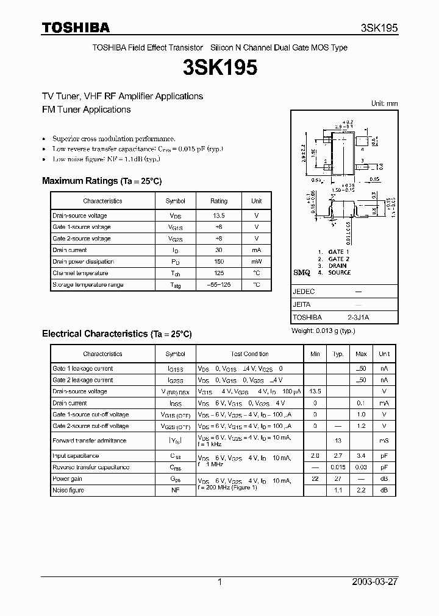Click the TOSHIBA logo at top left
[76, 27]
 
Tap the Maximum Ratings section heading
[102, 181]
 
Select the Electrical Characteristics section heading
[116, 334]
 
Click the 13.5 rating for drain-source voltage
[218, 215]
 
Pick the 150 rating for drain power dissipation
[218, 262]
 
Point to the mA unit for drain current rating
[256, 250]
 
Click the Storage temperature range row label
[88, 285]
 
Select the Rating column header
[218, 201]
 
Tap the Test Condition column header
[249, 354]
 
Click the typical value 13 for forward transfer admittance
[338, 441]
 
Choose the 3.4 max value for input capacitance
[361, 456]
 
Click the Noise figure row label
[68, 490]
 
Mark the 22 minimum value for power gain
[315, 479]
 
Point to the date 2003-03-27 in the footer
[375, 582]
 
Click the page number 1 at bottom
[220, 582]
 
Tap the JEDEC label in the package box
[304, 292]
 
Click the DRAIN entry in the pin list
[337, 265]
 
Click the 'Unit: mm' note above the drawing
[384, 103]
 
